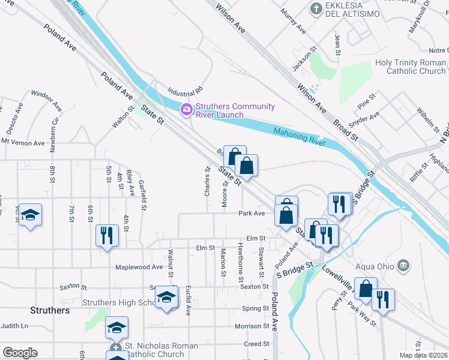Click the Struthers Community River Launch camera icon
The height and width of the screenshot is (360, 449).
[186, 109]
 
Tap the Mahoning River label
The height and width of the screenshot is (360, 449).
[299, 137]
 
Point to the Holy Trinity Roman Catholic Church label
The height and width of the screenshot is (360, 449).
[411, 67]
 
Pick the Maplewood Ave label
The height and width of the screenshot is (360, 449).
[139, 267]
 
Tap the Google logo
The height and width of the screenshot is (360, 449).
[20, 352]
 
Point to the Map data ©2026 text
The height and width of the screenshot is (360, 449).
[423, 355]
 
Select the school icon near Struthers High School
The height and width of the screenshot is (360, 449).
[166, 296]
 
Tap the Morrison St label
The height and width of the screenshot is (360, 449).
[252, 326]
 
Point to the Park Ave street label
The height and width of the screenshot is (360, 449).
[252, 213]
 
